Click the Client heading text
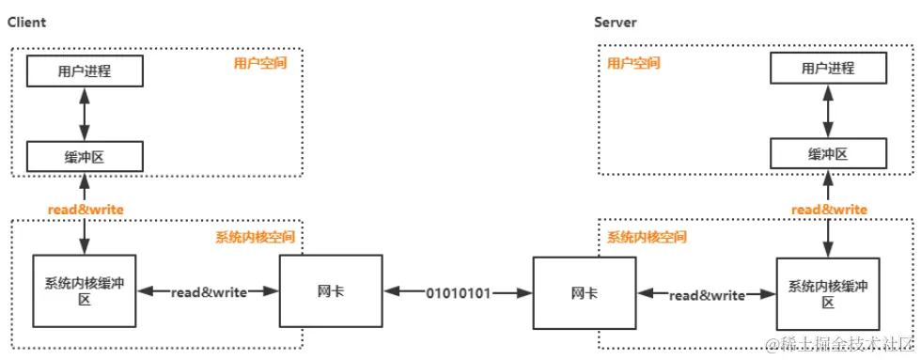point(27,22)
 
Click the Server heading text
point(616,22)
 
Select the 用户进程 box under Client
point(85,70)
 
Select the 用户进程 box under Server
point(828,69)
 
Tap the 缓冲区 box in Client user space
point(85,156)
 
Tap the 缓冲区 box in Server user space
point(828,154)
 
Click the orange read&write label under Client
point(86,208)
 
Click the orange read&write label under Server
point(829,209)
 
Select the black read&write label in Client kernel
point(209,292)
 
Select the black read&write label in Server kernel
point(707,295)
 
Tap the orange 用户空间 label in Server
point(633,64)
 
